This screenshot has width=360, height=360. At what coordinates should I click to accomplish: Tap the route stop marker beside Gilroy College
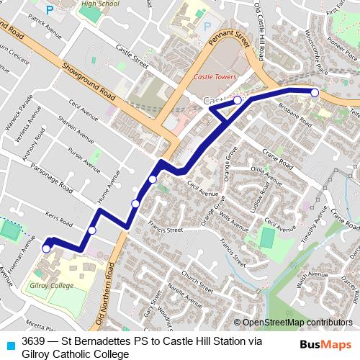(47, 248)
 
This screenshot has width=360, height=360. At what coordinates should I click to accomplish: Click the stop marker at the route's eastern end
(315, 92)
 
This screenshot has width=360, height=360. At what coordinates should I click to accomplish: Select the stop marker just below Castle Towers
(237, 101)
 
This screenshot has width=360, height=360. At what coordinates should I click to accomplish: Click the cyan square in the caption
(9, 343)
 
